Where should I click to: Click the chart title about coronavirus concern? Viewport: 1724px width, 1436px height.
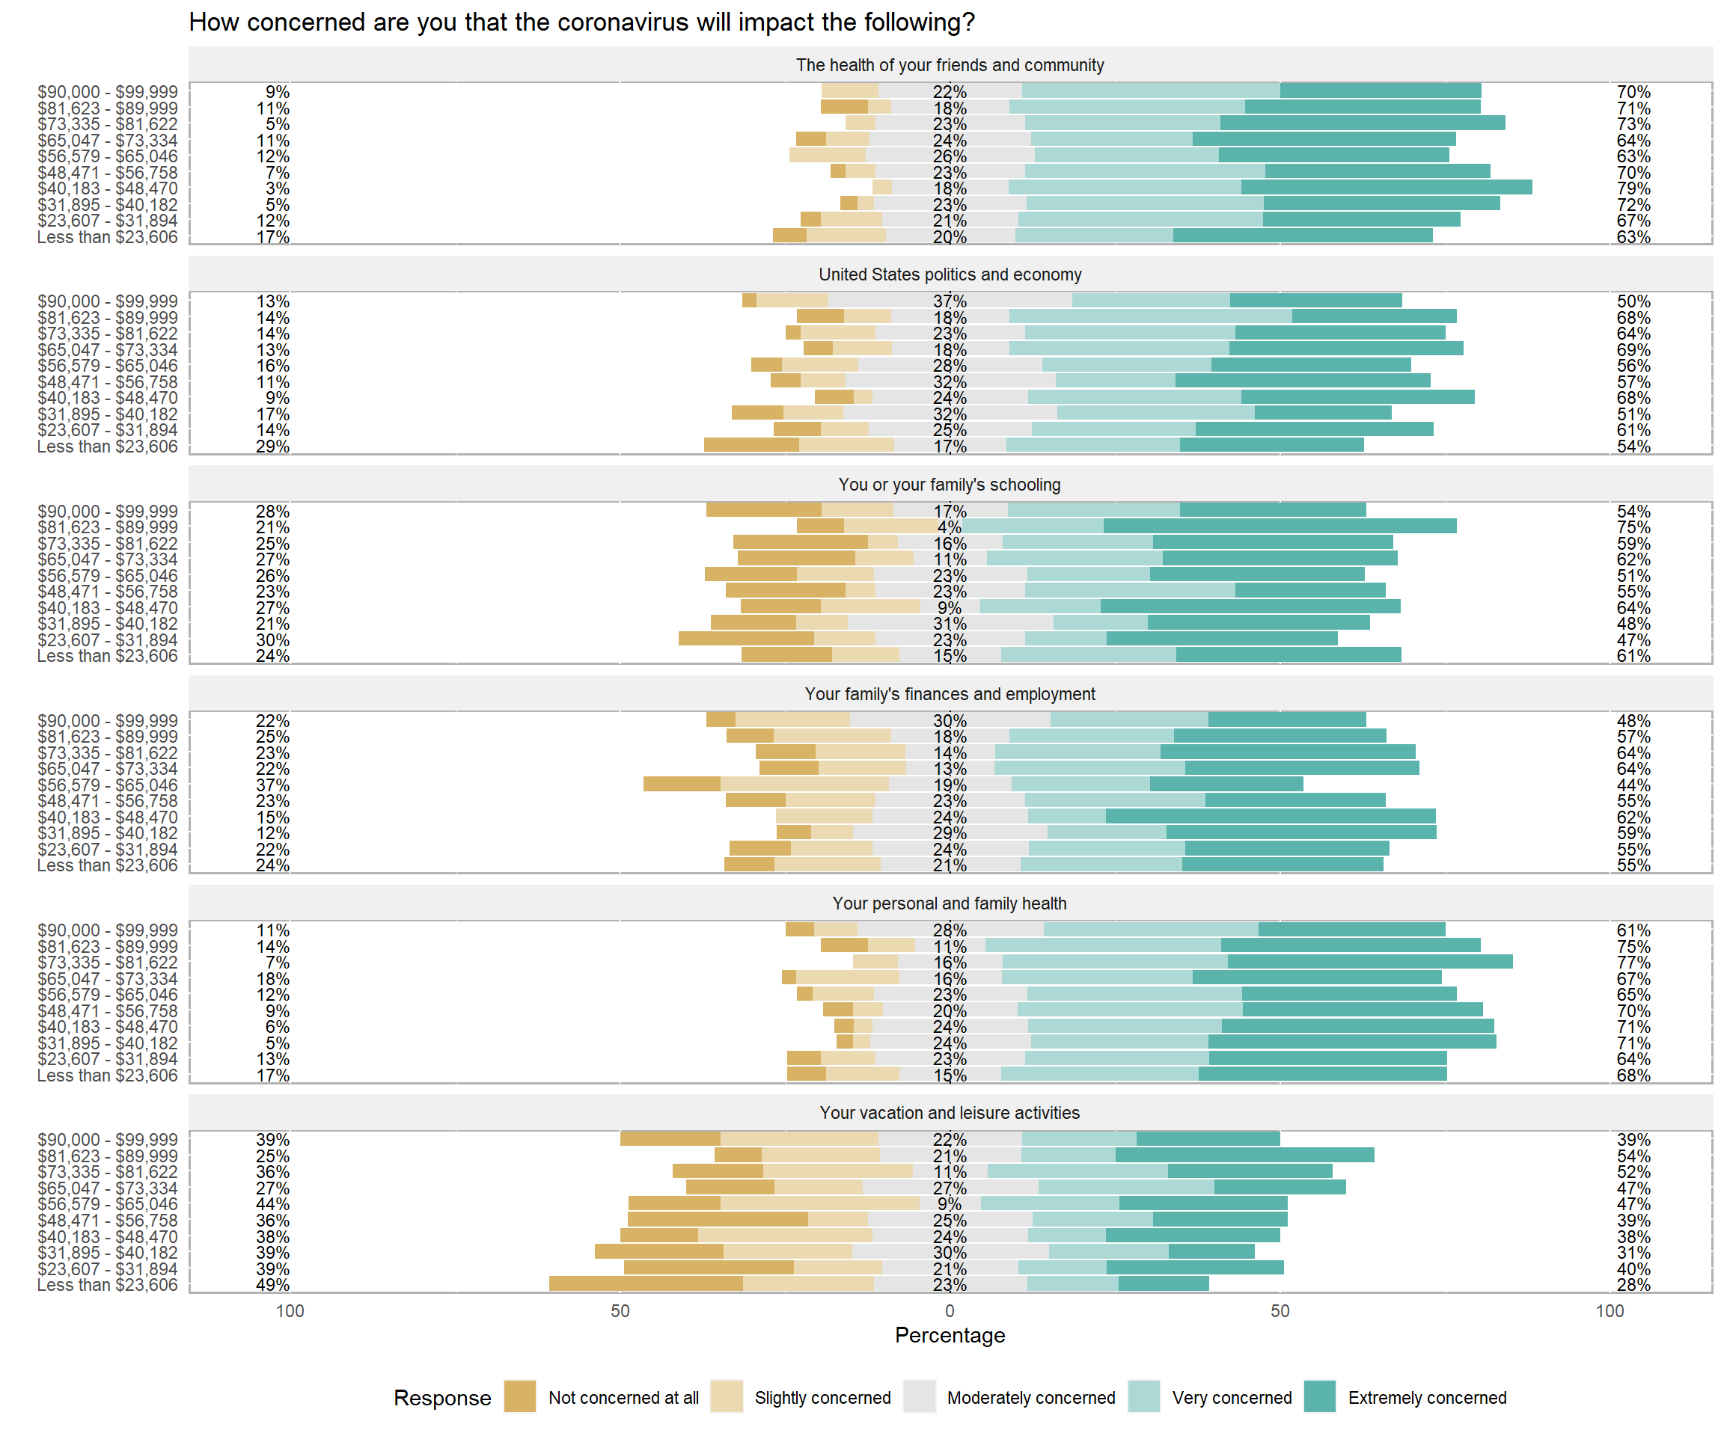[x=581, y=22]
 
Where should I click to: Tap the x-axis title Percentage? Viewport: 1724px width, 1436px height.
[x=950, y=1335]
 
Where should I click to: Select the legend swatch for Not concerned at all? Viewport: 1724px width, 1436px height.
[x=519, y=1396]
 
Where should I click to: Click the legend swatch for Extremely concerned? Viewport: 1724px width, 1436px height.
[x=1319, y=1396]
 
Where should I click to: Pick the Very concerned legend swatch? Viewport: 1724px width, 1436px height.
[x=1143, y=1396]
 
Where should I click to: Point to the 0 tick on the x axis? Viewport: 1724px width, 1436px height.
[x=950, y=1310]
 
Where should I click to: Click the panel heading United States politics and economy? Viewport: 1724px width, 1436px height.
[x=950, y=275]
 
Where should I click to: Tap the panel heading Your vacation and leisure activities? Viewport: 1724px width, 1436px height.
[x=950, y=1113]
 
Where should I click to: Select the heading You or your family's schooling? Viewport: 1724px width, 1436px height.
[x=950, y=484]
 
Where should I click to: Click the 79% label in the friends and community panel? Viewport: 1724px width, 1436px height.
[x=1633, y=188]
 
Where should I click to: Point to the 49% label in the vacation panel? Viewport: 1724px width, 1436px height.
[x=272, y=1285]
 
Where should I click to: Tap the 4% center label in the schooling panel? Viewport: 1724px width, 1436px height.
[x=949, y=527]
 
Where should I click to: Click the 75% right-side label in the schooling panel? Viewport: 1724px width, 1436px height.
[x=1633, y=527]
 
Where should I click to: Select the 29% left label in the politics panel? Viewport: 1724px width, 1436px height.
[x=272, y=447]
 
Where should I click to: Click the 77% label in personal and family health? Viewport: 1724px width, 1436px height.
[x=1633, y=963]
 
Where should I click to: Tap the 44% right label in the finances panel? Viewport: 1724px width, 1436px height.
[x=1633, y=785]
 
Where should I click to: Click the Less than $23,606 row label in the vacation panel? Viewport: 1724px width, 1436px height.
[x=107, y=1285]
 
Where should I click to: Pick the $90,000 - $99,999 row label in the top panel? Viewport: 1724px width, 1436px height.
[x=107, y=92]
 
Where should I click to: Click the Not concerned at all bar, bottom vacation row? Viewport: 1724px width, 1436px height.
[x=646, y=1284]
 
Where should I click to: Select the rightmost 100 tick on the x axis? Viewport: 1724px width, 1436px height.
[x=1610, y=1310]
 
